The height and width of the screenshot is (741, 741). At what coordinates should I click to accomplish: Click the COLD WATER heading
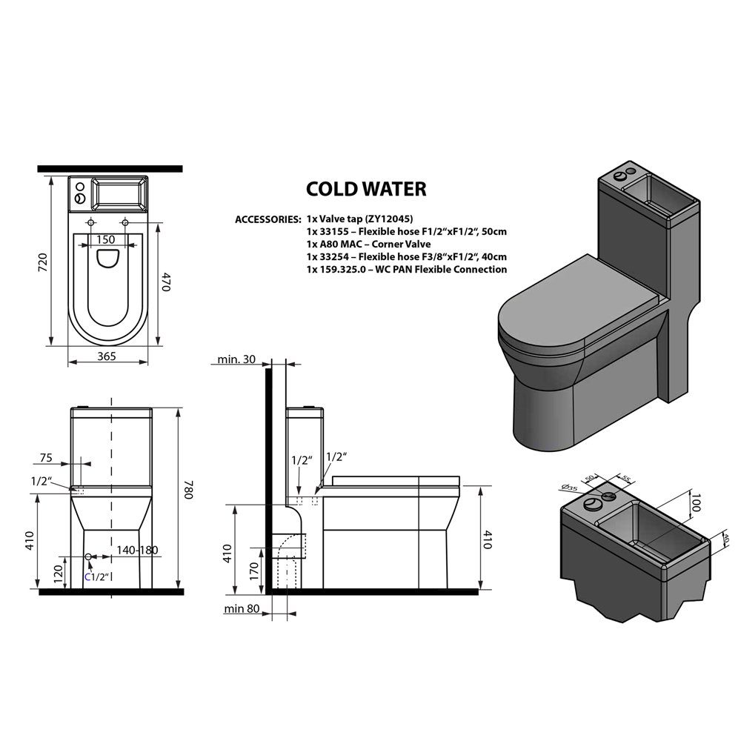(x=366, y=189)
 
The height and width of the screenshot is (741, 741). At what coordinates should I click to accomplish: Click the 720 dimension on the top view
(x=43, y=262)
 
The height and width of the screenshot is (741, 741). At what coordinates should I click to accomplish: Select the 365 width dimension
(x=106, y=356)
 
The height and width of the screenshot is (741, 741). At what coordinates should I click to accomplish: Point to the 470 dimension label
(x=165, y=282)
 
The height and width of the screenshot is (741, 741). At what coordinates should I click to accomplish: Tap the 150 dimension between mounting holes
(x=105, y=239)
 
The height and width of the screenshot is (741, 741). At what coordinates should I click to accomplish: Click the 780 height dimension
(x=188, y=491)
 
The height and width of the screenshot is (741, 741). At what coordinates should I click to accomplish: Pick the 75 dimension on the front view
(x=46, y=457)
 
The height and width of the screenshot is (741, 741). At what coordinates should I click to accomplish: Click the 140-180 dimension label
(x=137, y=550)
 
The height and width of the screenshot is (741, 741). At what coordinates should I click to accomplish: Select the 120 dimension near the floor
(x=59, y=574)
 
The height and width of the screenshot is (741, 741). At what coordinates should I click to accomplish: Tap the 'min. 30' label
(x=236, y=359)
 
